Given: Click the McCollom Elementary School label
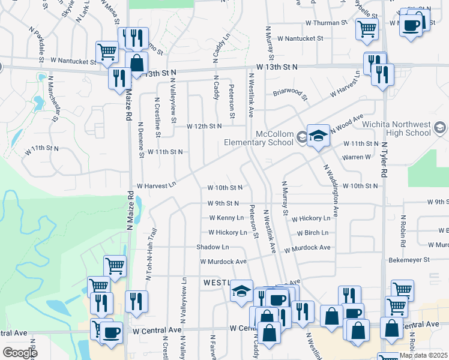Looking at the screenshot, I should click(261, 137).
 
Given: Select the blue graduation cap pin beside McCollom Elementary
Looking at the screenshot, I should click(318, 136).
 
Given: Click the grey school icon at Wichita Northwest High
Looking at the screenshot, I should click(439, 127).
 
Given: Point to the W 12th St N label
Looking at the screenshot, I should click(204, 127).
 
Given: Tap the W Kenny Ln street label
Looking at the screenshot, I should click(226, 218).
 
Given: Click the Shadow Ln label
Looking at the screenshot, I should click(212, 247).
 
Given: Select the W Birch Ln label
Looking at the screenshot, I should click(313, 233).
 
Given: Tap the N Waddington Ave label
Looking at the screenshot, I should click(333, 191).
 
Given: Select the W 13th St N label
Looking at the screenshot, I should click(277, 67).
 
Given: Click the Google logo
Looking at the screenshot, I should click(20, 352).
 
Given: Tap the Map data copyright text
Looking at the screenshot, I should click(422, 355).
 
